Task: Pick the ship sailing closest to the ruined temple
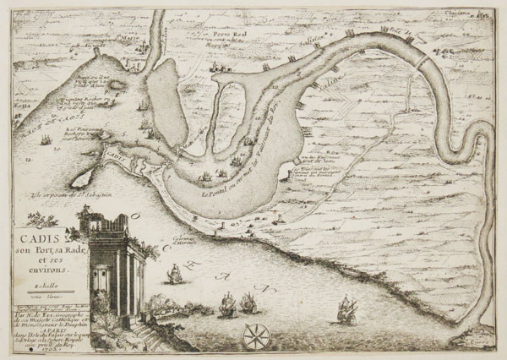coord(172,275)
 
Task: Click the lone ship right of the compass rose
coord(346,310)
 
